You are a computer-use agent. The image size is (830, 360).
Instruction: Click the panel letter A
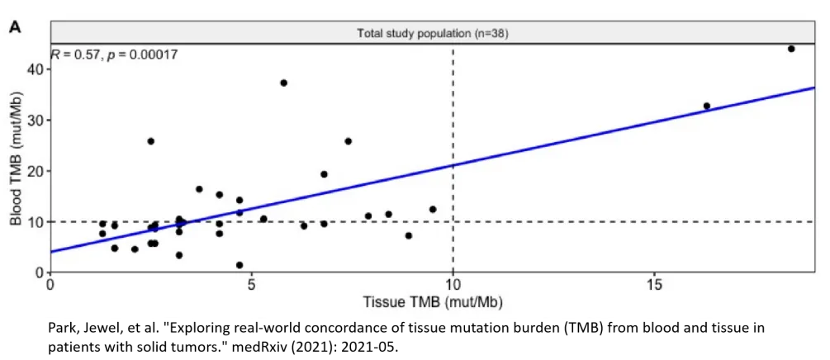coord(15,28)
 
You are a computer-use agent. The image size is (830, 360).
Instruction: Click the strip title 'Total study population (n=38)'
coord(433,34)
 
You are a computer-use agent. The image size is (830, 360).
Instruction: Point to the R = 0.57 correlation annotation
coord(115,54)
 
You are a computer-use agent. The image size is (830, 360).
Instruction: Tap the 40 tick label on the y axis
coord(33,69)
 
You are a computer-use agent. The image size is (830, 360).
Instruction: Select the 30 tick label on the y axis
coord(33,121)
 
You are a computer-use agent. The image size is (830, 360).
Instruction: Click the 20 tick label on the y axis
coord(33,171)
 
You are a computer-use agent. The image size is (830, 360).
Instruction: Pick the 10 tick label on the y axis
coord(33,222)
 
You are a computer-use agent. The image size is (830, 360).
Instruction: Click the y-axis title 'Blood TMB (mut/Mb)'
coord(15,157)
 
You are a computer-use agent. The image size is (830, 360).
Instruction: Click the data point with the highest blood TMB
coord(791,49)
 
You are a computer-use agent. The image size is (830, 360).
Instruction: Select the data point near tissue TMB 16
coord(707,106)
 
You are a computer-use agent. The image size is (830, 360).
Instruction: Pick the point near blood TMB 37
coord(284,83)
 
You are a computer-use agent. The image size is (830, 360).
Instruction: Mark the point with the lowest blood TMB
coord(240,265)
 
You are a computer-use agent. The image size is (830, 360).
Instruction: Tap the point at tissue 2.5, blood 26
coord(151,141)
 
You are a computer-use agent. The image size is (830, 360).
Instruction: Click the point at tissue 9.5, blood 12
coord(433,209)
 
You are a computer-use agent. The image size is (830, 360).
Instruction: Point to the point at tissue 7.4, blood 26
coord(349,141)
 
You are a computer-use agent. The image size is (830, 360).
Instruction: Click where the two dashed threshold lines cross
coord(453,221)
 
